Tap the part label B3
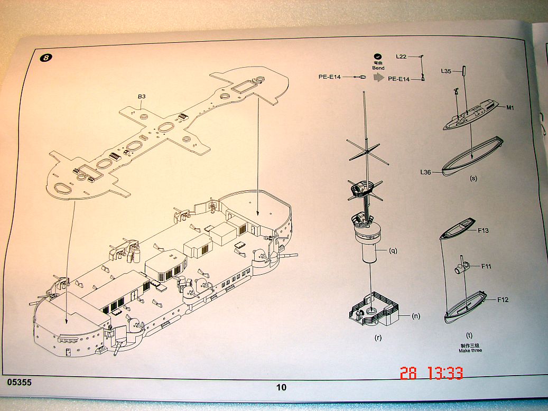pos(141,97)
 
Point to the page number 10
pos(281,387)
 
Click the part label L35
pos(447,71)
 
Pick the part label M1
pos(510,108)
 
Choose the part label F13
pos(483,230)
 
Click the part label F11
pos(486,266)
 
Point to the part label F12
pos(503,300)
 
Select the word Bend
pos(378,68)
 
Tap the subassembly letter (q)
pos(393,251)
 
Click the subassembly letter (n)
pos(416,316)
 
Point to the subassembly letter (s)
pos(473,178)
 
